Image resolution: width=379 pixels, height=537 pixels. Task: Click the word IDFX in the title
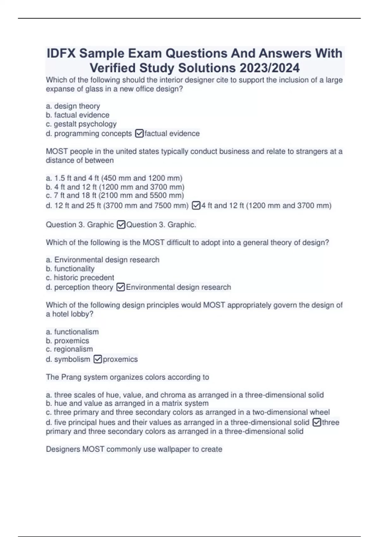[x=61, y=53]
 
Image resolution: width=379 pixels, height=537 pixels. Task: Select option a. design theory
[x=73, y=106]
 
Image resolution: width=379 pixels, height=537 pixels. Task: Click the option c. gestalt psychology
[x=81, y=124]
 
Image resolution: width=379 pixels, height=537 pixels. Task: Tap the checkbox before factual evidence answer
[x=139, y=134]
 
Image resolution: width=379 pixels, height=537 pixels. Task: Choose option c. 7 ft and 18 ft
[x=115, y=196]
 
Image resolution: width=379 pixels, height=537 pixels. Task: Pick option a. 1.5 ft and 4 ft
[x=114, y=178]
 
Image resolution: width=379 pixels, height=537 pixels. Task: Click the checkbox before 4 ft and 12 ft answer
[x=196, y=206]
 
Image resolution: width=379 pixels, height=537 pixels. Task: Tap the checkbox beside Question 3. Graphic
[x=121, y=225]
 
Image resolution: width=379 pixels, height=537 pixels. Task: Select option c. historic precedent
[x=80, y=278]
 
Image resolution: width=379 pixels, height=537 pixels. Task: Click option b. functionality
[x=70, y=269]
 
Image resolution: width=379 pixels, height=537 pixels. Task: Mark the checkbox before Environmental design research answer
[x=121, y=287]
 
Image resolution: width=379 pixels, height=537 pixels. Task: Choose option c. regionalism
[x=69, y=349]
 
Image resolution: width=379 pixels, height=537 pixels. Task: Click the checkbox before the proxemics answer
[x=98, y=359]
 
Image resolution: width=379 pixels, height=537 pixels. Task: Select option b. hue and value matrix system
[x=127, y=403]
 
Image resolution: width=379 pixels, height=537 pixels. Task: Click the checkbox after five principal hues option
[x=316, y=422]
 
